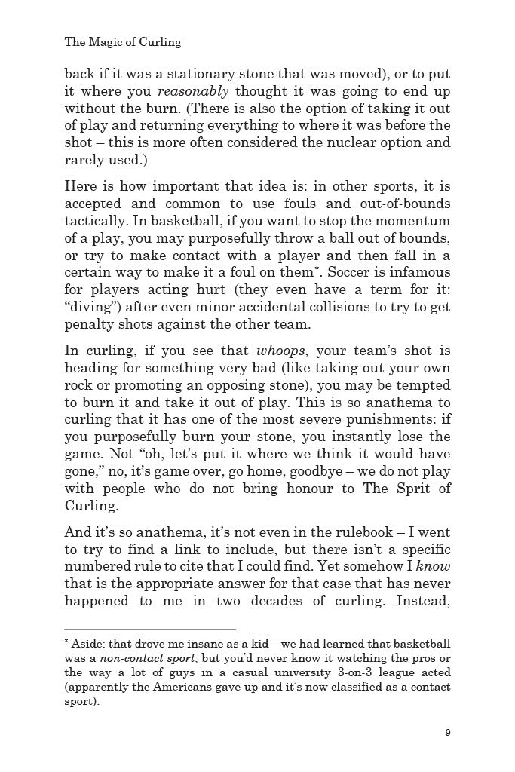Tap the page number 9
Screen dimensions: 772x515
[448, 733]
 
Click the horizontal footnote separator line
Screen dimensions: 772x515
[150, 630]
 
